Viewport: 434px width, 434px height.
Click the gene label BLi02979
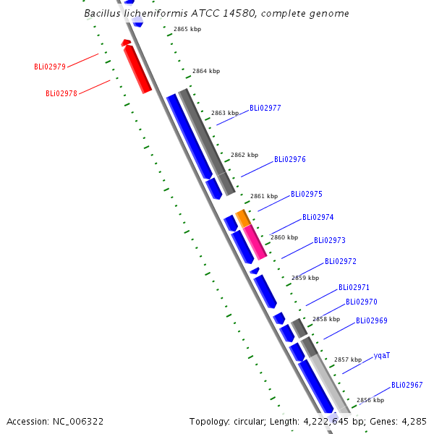point(50,67)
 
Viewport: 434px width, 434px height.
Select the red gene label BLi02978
point(61,93)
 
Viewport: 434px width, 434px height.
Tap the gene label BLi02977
point(265,108)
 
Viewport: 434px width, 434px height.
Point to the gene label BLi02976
point(290,159)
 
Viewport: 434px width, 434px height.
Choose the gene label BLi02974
point(318,217)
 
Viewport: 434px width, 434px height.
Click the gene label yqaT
point(382,356)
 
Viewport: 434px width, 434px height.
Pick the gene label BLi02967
point(407,385)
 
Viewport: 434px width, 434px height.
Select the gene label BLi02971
point(354,288)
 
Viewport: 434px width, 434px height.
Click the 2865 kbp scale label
point(187,29)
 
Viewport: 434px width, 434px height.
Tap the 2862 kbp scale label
point(244,155)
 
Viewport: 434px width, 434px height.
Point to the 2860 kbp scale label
point(284,237)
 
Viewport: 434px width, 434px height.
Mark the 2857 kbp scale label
point(348,359)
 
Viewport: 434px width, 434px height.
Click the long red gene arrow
point(137,69)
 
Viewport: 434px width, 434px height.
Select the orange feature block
point(243,218)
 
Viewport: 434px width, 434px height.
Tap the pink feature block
point(255,242)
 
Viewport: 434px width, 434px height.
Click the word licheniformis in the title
point(156,13)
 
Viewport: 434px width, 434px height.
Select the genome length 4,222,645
point(326,422)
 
